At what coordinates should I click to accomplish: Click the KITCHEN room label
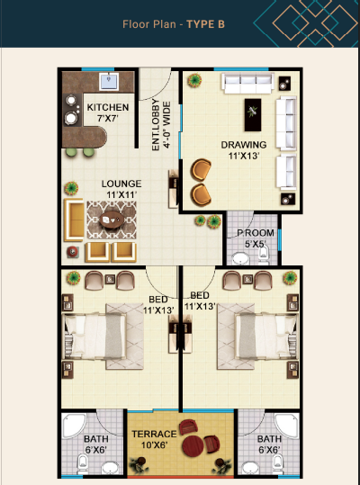pos(108,107)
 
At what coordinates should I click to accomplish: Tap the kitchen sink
pos(109,81)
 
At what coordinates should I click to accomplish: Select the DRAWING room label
pos(244,145)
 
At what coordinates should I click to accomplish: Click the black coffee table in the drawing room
pos(253,115)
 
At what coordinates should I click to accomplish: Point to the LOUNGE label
pos(121,184)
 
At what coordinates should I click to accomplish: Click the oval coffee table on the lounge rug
pos(112,220)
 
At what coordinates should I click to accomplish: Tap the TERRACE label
pos(154,434)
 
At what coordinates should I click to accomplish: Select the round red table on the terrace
pos(193,446)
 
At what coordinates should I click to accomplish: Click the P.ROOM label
pos(256,233)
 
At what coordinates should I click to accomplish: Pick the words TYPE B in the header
pos(206,24)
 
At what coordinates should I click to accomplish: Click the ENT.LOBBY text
pos(157,125)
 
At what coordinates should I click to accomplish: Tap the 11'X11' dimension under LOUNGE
pos(121,195)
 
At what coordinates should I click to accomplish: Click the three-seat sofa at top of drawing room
pos(247,83)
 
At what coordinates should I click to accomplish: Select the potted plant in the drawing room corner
pos(194,80)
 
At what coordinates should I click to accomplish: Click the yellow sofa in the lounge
pos(74,220)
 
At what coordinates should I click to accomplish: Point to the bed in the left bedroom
pos(94,337)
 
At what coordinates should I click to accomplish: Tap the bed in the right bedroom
pos(266,337)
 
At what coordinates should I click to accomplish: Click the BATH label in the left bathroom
pos(96,439)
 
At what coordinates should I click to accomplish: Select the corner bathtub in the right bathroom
pos(287,425)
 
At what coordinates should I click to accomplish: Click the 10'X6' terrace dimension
pos(154,445)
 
